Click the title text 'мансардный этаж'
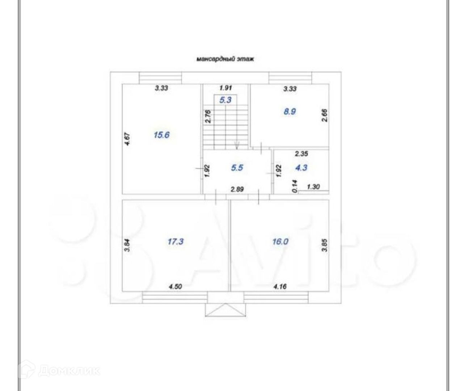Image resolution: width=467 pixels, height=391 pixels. [225, 59]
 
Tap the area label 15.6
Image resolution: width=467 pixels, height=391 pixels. [161, 135]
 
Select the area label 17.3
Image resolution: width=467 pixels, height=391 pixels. [176, 241]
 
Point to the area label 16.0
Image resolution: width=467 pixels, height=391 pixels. [280, 241]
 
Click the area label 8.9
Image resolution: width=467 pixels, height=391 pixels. [290, 112]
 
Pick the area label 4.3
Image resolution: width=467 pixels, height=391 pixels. [301, 168]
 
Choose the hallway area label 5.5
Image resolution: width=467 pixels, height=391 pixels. [237, 168]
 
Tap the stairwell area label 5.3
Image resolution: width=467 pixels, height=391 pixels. [225, 100]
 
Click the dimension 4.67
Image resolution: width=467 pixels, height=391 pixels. [127, 139]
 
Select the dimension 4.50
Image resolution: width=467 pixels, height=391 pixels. [175, 286]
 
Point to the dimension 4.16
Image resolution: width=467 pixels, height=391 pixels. [280, 286]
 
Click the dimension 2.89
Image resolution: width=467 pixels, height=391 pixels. [237, 189]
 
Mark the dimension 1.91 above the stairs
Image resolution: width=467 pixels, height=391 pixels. [226, 88]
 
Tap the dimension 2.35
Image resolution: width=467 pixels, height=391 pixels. [301, 154]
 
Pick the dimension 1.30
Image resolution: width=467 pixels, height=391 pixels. [313, 187]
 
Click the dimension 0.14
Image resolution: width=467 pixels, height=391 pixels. [295, 186]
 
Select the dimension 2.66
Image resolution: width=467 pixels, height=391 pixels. [324, 115]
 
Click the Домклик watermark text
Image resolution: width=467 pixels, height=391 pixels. [69, 370]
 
